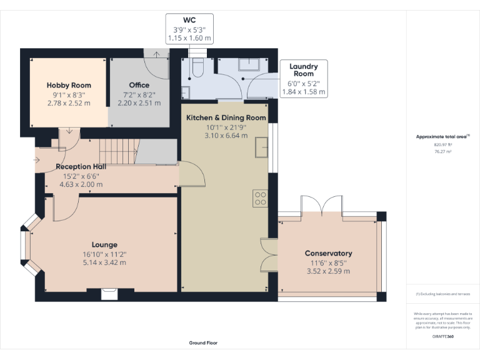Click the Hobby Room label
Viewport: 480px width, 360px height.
pos(69,85)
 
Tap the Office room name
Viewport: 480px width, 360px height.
pos(139,85)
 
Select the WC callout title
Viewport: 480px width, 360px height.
pos(189,20)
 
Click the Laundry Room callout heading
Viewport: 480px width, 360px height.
pos(303,70)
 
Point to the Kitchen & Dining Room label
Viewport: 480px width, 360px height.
pos(226,117)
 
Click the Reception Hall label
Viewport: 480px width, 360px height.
pos(81,167)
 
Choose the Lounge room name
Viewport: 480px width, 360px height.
pos(104,244)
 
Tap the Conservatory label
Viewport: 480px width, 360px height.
pos(328,253)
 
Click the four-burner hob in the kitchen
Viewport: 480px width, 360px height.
pos(260,199)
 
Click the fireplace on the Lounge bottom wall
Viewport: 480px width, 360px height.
pos(110,289)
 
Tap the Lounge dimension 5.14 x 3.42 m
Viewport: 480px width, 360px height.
pos(104,262)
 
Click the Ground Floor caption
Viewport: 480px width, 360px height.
pos(203,342)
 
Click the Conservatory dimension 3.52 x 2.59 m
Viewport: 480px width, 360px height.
pos(328,271)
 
